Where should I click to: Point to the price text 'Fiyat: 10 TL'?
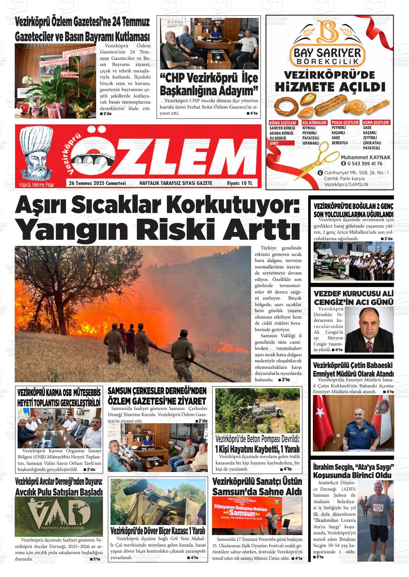click(240, 183)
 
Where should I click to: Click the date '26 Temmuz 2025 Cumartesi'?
click(97, 183)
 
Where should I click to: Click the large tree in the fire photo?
click(65, 272)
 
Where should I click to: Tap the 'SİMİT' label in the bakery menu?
click(274, 143)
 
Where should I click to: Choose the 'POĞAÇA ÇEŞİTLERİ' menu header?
click(345, 123)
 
